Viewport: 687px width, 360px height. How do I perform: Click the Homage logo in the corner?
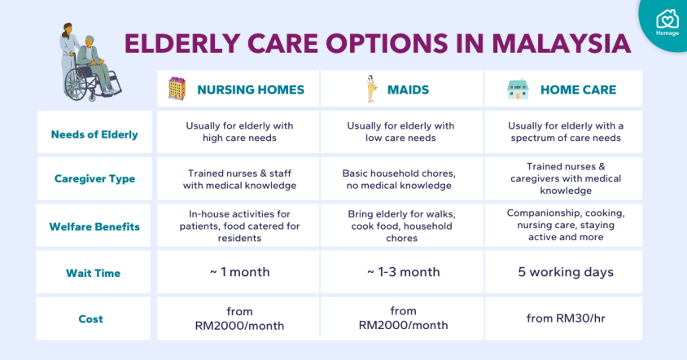(667, 22)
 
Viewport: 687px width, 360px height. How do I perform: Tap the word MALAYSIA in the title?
(562, 43)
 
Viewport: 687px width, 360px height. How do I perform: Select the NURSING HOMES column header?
(251, 90)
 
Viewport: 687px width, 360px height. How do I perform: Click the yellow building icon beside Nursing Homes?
(177, 89)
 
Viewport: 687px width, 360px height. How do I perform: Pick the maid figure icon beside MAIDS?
(371, 89)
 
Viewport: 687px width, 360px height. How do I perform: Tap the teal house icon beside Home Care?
(518, 89)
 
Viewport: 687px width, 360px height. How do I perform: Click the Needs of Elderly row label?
(94, 134)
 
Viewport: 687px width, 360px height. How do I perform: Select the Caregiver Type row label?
(94, 178)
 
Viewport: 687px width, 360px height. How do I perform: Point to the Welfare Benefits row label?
(94, 226)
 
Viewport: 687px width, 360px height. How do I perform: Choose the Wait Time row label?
(93, 273)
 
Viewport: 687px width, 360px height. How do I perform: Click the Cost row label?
(90, 318)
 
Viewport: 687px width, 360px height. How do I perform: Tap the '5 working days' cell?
(566, 272)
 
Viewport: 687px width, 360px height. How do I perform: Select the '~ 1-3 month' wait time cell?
(403, 272)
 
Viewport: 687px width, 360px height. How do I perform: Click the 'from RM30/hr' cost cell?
(566, 318)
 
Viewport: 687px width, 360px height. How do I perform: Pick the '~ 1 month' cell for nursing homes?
(239, 272)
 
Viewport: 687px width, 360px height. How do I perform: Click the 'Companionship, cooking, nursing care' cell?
(566, 225)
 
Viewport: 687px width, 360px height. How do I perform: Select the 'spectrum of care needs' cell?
(566, 132)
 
